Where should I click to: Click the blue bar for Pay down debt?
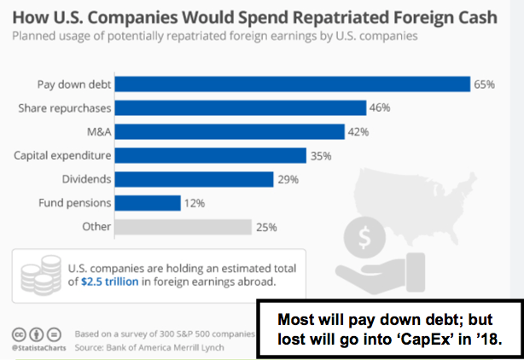tap(293, 84)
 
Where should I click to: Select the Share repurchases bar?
tap(240, 107)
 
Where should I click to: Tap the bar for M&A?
tap(230, 131)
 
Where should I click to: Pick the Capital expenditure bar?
tap(210, 155)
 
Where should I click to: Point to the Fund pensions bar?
tap(148, 203)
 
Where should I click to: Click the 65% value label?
tap(485, 84)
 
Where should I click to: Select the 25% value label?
tap(267, 227)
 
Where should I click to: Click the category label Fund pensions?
tap(73, 203)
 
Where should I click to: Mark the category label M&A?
tap(97, 131)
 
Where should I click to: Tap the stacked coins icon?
tap(40, 273)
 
